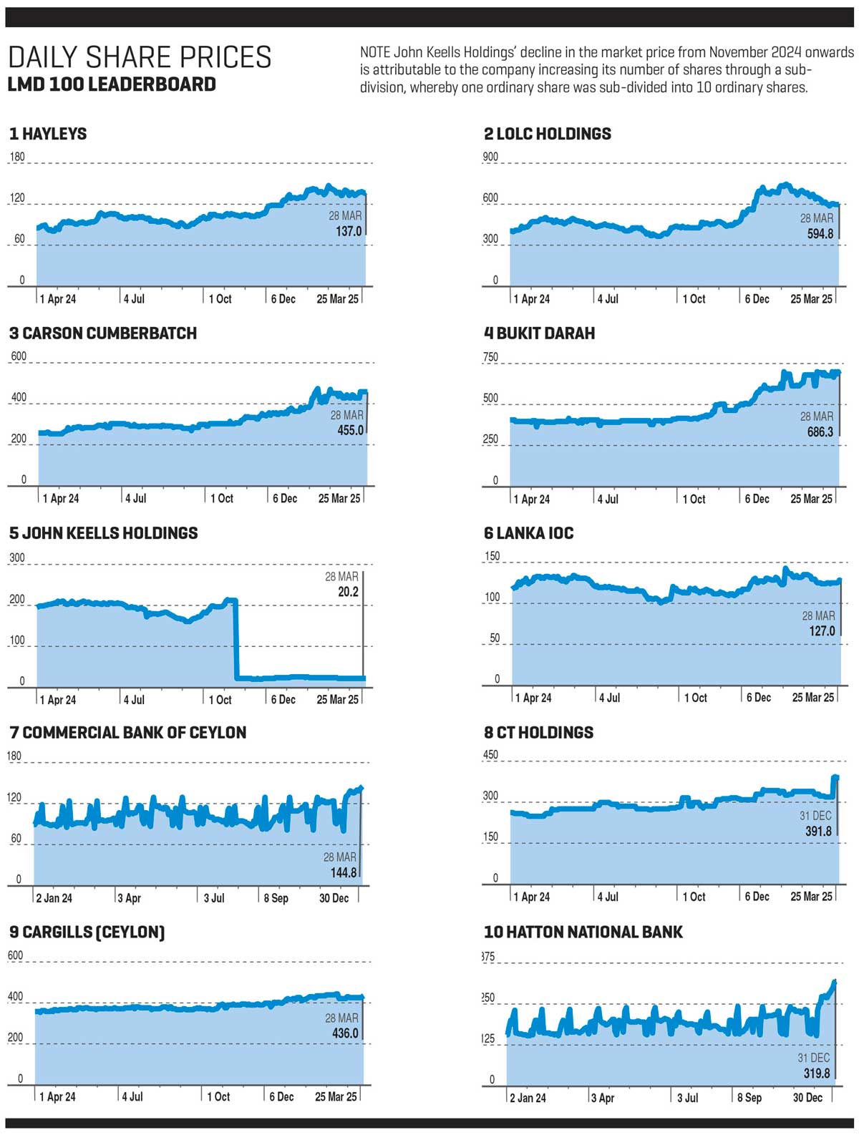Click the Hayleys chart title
48,134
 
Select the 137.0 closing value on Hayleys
349,231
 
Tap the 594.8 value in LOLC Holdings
820,234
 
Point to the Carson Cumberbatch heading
102,333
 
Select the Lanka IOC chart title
528,533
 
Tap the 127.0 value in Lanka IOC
822,631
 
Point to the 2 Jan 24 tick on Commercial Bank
54,898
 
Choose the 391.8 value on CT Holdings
817,832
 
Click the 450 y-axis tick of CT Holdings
490,755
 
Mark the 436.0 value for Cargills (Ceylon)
345,1033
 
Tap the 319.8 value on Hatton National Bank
816,1073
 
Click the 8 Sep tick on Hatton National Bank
748,1098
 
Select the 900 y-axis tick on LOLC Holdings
490,157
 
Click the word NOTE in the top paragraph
374,53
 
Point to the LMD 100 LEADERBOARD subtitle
111,84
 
